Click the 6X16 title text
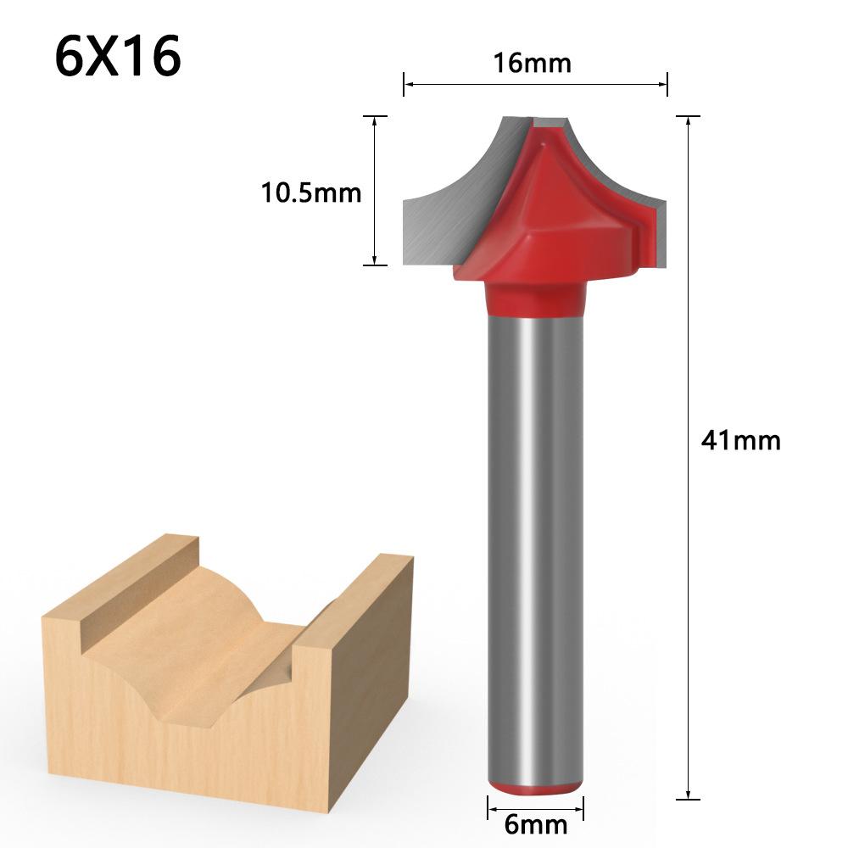[117, 58]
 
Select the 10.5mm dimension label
[310, 193]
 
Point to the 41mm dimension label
[739, 441]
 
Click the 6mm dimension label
[534, 823]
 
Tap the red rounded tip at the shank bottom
[534, 786]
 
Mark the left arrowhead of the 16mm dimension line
[408, 83]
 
